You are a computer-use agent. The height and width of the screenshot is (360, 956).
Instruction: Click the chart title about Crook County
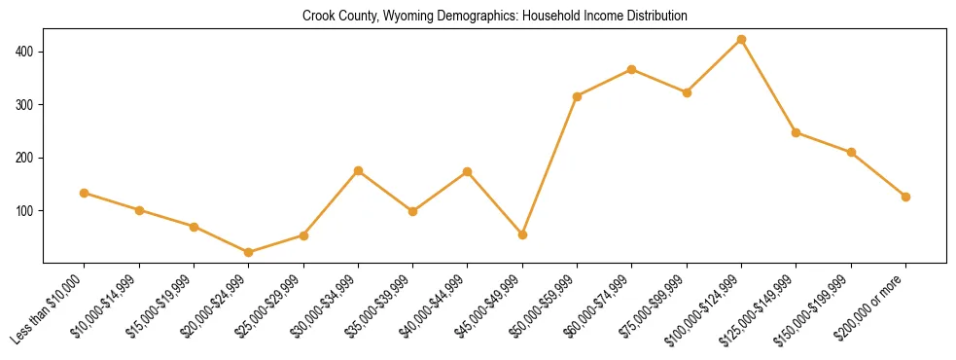pyautogui.click(x=495, y=16)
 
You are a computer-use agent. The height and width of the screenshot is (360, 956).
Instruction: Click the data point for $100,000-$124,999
pyautogui.click(x=742, y=40)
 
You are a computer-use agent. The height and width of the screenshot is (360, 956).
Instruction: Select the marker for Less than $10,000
pyautogui.click(x=85, y=193)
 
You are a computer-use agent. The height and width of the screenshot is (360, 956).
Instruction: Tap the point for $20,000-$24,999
pyautogui.click(x=249, y=252)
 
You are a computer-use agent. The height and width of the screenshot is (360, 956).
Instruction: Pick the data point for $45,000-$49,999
pyautogui.click(x=523, y=234)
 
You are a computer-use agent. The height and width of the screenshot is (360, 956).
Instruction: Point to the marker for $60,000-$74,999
pyautogui.click(x=632, y=69)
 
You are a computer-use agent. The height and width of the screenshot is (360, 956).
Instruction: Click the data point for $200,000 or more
pyautogui.click(x=906, y=197)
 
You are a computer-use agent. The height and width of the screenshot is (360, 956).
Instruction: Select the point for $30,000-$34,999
pyautogui.click(x=359, y=170)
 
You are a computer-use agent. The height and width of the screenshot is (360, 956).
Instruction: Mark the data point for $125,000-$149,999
pyautogui.click(x=797, y=132)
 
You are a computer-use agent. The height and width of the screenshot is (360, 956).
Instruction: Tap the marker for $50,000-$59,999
pyautogui.click(x=578, y=96)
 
